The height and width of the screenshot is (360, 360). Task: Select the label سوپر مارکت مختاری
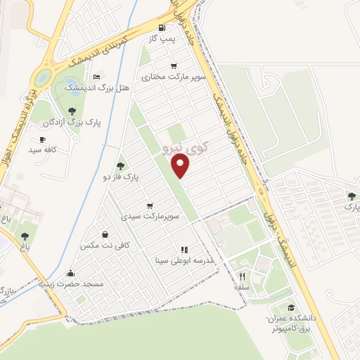click(x=174, y=75)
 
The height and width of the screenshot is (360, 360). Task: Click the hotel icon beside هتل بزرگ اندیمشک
click(x=97, y=77)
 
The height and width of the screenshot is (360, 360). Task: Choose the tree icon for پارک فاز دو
click(x=120, y=166)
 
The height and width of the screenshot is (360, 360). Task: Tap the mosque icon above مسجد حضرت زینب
click(x=70, y=274)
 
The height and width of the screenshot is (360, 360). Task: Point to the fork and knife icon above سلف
click(x=242, y=276)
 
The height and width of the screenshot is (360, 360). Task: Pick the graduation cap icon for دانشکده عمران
click(x=290, y=308)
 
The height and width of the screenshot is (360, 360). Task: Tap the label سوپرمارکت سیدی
click(x=151, y=217)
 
